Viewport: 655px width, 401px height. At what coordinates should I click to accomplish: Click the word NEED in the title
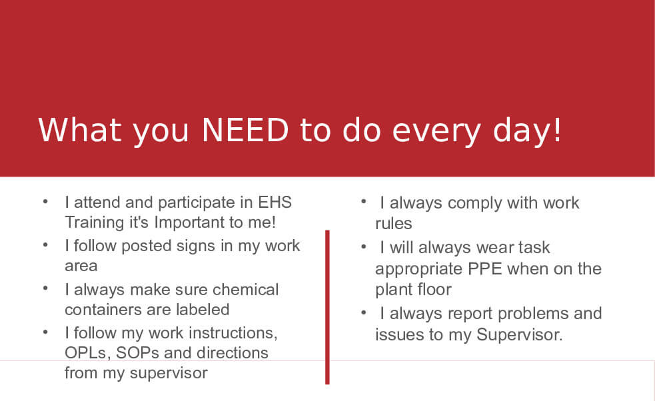pos(245,131)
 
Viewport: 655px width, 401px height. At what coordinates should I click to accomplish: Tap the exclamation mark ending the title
pos(557,131)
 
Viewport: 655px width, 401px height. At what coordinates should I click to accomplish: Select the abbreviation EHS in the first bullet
pos(275,202)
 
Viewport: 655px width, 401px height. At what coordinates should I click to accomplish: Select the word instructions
pos(233,333)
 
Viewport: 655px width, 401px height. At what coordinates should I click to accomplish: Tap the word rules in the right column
pos(394,224)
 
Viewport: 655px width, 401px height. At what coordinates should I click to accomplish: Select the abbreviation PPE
pos(484,268)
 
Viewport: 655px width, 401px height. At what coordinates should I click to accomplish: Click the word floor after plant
pos(434,290)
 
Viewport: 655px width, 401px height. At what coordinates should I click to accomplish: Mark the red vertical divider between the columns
pos(327,307)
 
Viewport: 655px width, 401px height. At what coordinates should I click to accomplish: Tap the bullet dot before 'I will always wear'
pos(363,246)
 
